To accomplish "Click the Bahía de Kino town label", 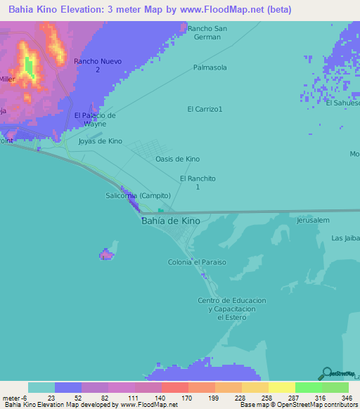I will pos(170,221).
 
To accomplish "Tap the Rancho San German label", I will pos(209,32).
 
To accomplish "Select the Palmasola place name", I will pos(210,67).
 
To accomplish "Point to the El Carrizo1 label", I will pos(205,109).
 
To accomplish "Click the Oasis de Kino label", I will pos(177,159).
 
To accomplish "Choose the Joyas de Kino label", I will pos(101,141).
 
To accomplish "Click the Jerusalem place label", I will pos(313,220).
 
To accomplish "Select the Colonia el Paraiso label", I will pos(197,262).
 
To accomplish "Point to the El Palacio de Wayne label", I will pos(95,119).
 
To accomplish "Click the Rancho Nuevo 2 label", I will pos(98,65).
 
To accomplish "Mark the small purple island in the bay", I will pos(106,254).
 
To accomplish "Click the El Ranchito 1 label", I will pos(197,183).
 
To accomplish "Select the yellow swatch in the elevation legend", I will pos(281,387).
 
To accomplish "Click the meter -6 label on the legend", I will pos(14,398).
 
